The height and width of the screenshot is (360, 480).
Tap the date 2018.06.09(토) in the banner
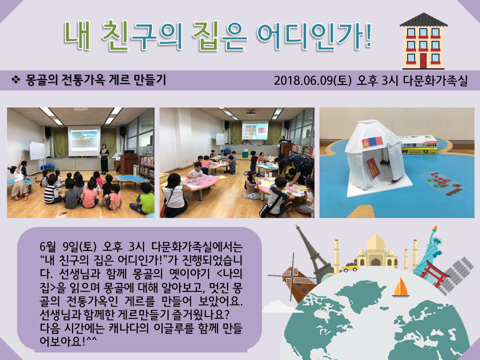click(313, 80)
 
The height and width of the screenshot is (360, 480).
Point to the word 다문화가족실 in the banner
click(439, 80)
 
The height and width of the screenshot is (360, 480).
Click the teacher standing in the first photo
click(104, 157)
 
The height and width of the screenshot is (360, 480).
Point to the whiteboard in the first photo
click(36, 150)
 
